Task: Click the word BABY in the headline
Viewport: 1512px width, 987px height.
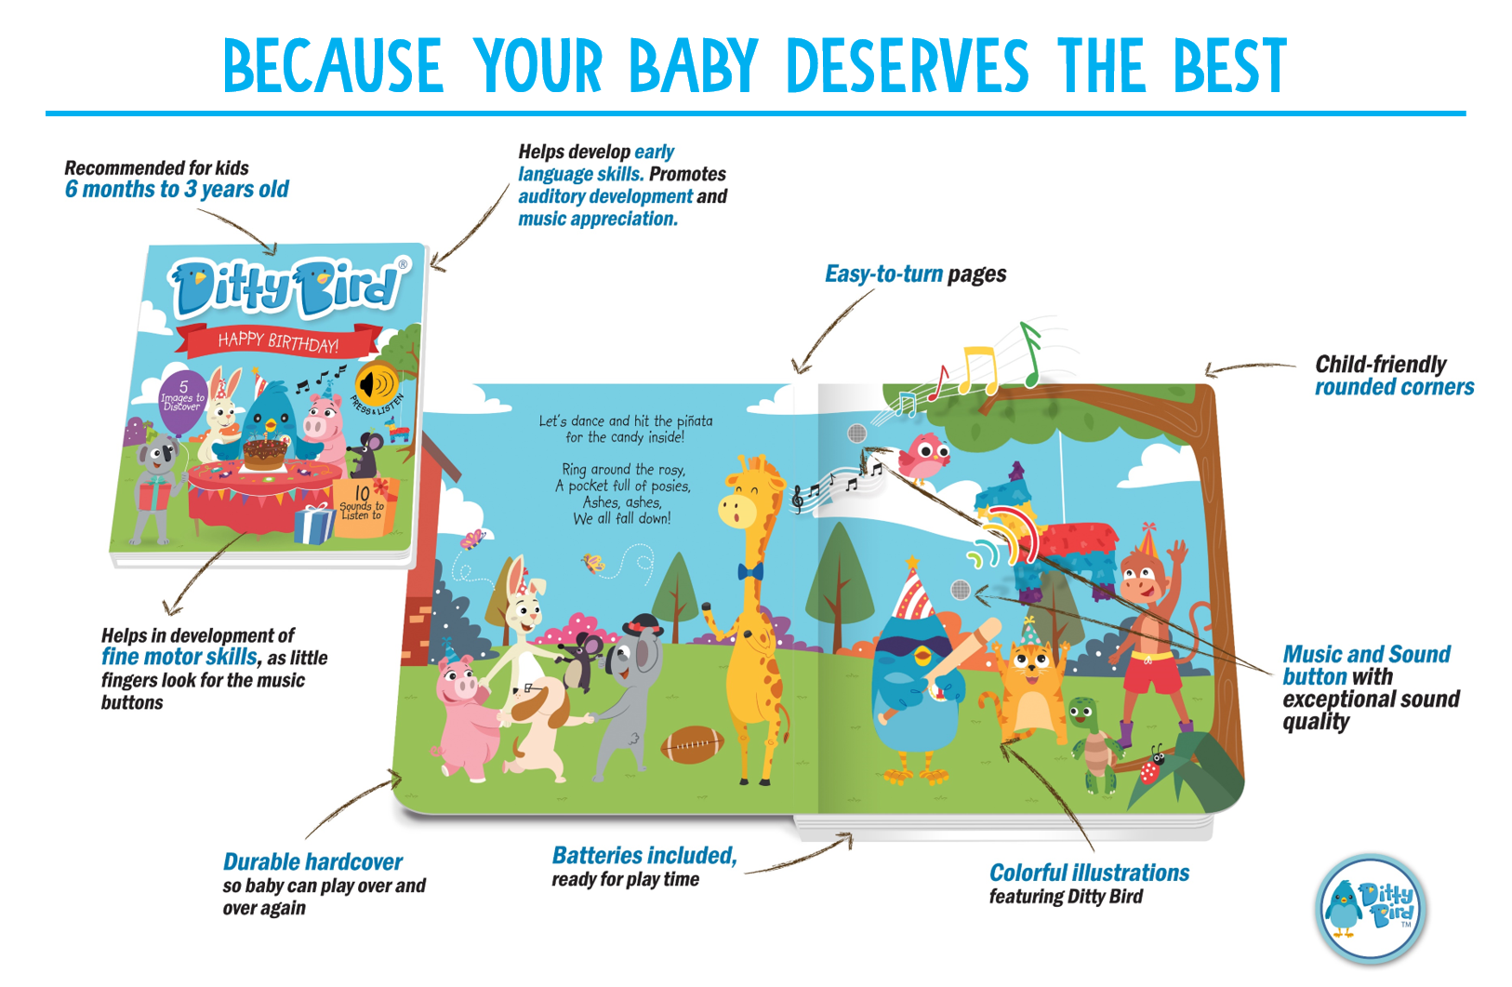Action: pos(694,67)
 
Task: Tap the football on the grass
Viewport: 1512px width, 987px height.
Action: pos(692,743)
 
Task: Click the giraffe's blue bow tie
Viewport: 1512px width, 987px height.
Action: pos(749,570)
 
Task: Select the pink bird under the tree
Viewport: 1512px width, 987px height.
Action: pos(923,457)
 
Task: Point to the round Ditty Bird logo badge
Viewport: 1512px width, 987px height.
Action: pos(1372,908)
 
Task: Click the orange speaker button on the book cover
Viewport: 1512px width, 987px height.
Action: pos(377,383)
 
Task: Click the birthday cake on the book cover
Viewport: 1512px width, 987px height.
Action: pos(265,450)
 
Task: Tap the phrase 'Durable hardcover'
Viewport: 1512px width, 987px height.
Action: pos(312,862)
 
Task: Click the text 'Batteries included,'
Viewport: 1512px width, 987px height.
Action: pos(643,856)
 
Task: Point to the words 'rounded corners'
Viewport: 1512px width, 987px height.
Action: pos(1394,387)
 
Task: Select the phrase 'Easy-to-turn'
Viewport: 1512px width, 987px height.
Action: pos(883,274)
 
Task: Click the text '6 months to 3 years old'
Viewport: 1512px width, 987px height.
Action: pos(177,190)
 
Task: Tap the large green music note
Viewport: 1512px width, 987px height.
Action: pos(1030,353)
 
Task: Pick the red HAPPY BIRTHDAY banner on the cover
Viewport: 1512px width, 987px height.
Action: pos(279,341)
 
